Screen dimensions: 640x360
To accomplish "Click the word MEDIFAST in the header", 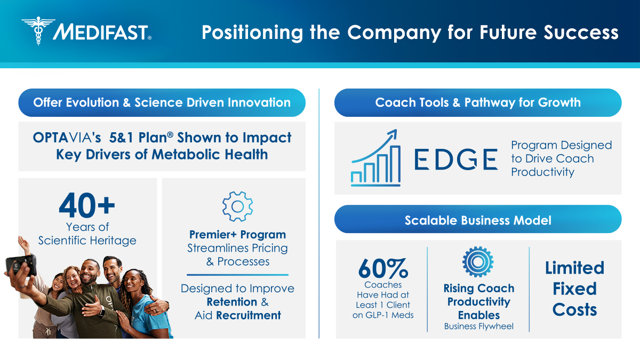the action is click(101, 32).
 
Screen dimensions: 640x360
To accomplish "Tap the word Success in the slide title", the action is click(581, 32).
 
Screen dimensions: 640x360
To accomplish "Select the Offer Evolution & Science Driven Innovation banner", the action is click(162, 102).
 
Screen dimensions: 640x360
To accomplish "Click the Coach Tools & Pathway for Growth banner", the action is click(478, 102).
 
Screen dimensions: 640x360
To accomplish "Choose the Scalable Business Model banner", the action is click(478, 219).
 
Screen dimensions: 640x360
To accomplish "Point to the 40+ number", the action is click(87, 205).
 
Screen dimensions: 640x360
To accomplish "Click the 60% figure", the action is click(383, 268).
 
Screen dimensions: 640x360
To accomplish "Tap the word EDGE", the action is click(456, 159).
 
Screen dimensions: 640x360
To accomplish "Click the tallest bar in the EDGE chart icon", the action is click(395, 164).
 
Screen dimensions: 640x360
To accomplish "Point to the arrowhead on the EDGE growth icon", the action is click(393, 134).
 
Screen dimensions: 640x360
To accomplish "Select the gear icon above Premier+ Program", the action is click(237, 206).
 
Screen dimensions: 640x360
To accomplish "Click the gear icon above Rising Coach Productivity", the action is click(478, 262).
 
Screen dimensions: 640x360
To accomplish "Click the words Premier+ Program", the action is click(237, 235).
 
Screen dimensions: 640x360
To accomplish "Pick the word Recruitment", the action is click(249, 315).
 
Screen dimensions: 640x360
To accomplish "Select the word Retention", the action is click(231, 302).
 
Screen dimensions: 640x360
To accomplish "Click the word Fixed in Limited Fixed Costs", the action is click(574, 289).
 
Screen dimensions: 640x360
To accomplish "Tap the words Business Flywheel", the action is click(479, 326).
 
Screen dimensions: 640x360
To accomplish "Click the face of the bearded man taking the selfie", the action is click(90, 273).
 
